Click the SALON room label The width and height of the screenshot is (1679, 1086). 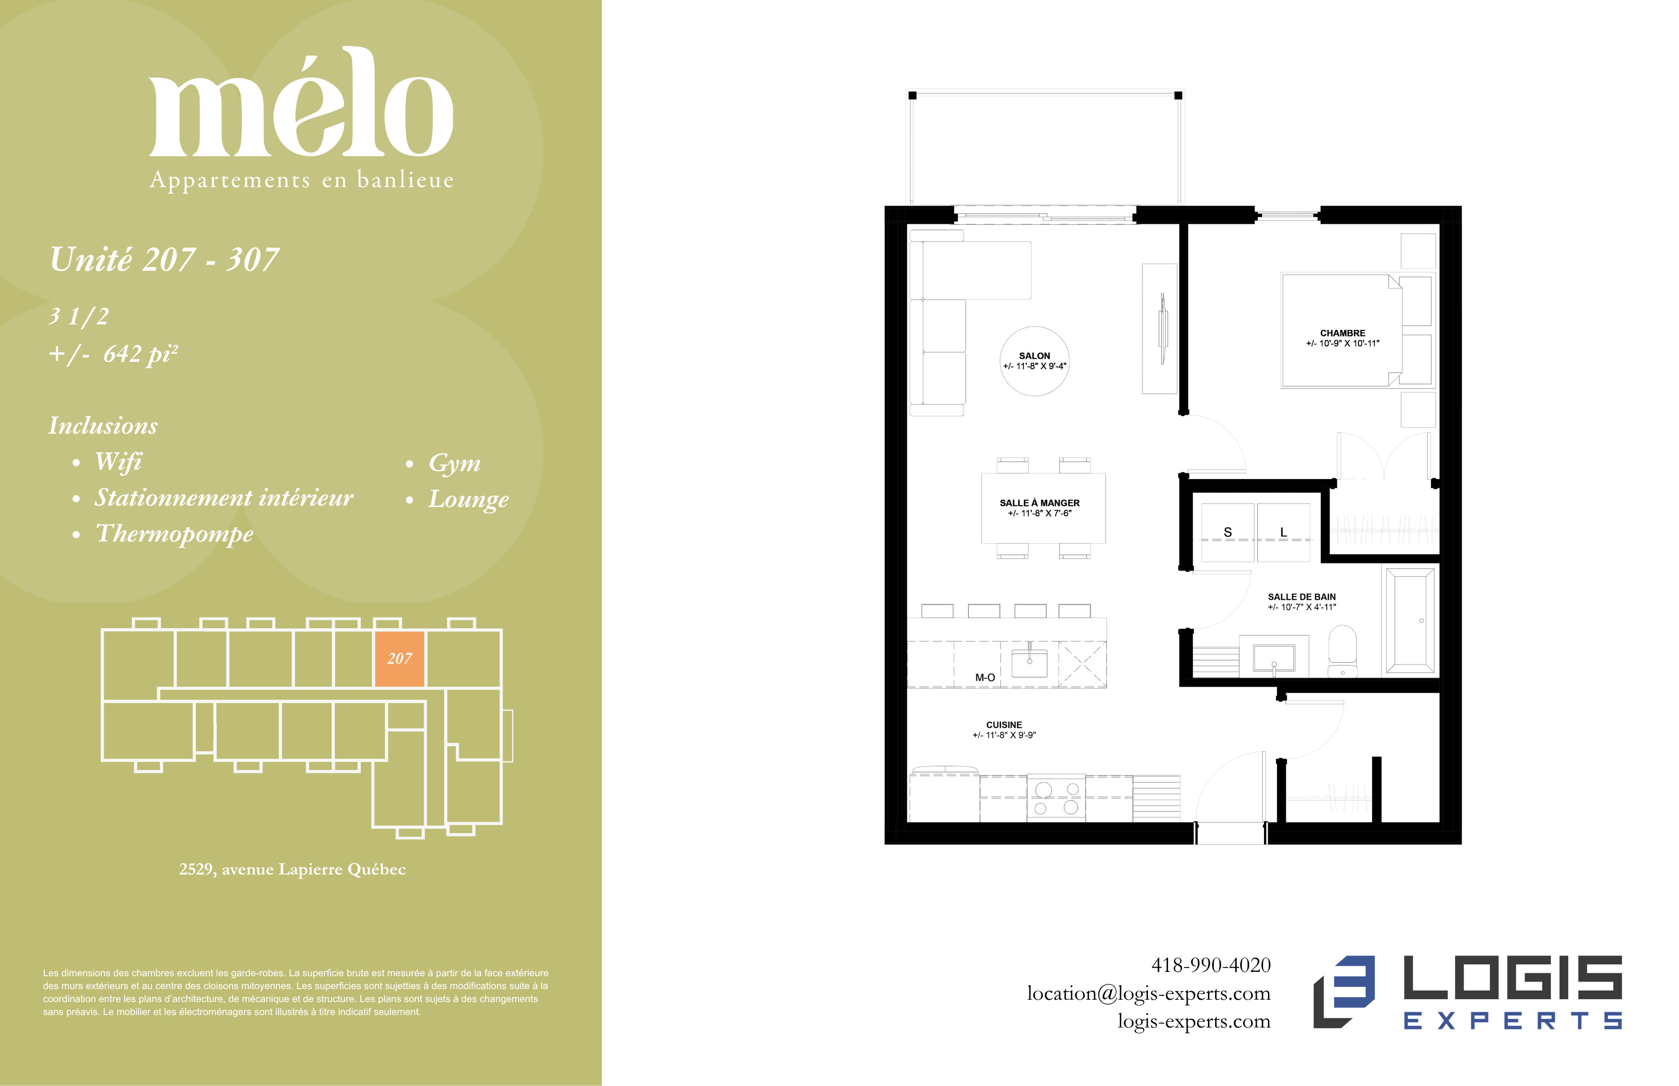pos(1034,356)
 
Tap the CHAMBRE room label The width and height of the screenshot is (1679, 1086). pos(1343,333)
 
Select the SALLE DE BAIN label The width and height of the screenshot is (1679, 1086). pos(1301,596)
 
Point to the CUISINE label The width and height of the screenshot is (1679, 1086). pos(1004,725)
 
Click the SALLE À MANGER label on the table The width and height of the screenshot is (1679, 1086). pos(1039,503)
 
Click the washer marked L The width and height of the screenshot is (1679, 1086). pos(1283,532)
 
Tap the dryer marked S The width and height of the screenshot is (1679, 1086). pos(1228,532)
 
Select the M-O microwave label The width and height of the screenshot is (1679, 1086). pos(985,677)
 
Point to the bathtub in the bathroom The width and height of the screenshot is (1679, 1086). pos(1410,620)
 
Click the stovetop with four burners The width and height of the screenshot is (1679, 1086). pos(1056,798)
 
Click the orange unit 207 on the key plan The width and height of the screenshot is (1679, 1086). pos(399,659)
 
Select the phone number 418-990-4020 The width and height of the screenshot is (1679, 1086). pos(1211,965)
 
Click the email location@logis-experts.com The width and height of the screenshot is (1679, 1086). pos(1148,993)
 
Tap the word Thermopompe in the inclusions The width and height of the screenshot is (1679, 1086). pos(174,534)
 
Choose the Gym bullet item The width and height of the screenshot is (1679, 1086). pos(454,463)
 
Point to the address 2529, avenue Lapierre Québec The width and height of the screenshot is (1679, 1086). pos(292,869)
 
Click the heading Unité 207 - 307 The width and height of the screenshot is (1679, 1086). pos(165,259)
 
